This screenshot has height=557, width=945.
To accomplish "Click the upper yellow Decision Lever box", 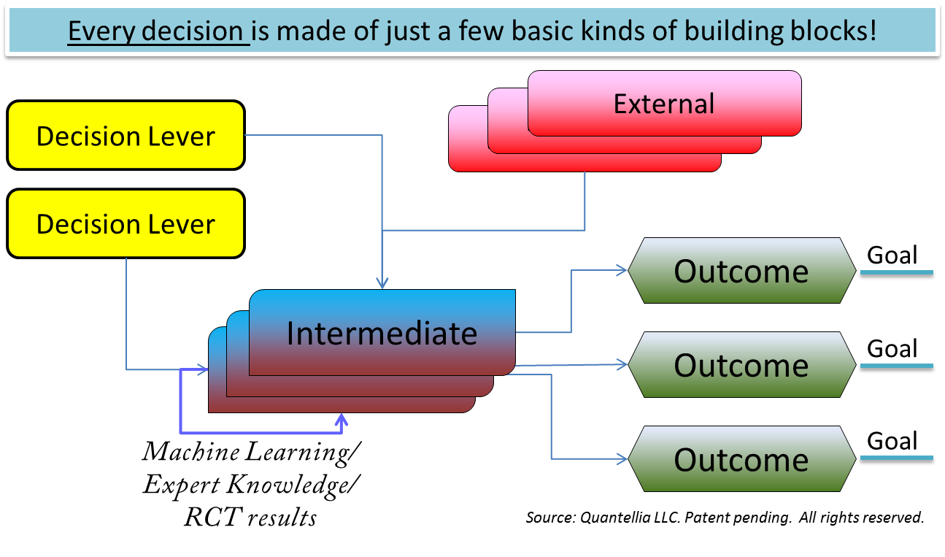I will click(x=126, y=136).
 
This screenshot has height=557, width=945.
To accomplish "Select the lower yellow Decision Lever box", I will click(x=126, y=223).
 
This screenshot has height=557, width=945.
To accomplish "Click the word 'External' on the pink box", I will click(x=663, y=104).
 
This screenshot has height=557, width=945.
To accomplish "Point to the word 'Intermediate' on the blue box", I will click(x=382, y=334).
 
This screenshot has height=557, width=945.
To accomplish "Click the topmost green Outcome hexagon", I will click(x=741, y=271).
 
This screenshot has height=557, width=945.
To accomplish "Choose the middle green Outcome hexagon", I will click(x=741, y=365).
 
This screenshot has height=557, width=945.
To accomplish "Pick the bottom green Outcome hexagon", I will click(x=741, y=459).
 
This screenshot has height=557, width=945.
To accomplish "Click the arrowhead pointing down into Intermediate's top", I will click(x=382, y=283).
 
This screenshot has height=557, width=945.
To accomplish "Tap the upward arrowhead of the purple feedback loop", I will click(x=341, y=419).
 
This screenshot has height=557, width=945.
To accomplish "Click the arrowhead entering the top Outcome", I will click(x=622, y=270).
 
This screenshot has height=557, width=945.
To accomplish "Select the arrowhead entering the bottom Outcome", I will click(x=622, y=458).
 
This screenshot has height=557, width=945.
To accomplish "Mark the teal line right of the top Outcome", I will click(x=896, y=272).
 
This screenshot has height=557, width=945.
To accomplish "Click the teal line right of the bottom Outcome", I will click(x=896, y=458).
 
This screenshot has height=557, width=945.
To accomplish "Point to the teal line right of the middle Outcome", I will click(x=896, y=365).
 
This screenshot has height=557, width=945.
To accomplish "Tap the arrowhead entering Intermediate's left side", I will click(x=204, y=369).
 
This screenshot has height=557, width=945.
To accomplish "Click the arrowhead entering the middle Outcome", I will click(x=622, y=364).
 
